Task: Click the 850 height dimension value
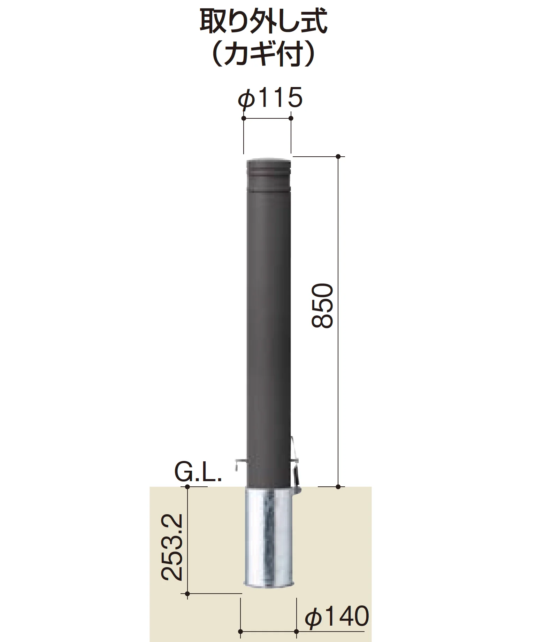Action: (322, 306)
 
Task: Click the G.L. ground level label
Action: (198, 472)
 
